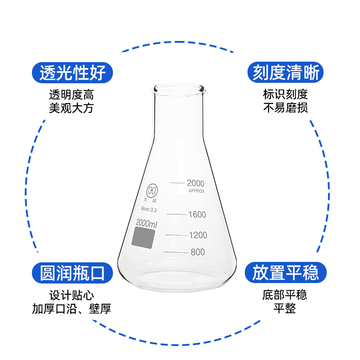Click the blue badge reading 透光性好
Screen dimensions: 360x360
[x=72, y=72]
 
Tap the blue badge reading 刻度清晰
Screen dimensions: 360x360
[x=285, y=72]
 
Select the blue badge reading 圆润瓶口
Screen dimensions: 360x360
[x=72, y=273]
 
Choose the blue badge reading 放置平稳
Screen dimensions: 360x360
[x=285, y=273]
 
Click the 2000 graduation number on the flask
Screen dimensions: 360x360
[x=196, y=183]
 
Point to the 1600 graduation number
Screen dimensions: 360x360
[x=197, y=214]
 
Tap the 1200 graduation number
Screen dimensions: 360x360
[x=198, y=235]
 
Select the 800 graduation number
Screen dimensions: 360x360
[x=198, y=252]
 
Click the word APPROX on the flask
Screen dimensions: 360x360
[x=196, y=191]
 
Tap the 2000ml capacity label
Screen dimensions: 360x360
[x=146, y=224]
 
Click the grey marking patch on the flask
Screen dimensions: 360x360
[x=143, y=237]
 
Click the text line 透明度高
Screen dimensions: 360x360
[x=72, y=95]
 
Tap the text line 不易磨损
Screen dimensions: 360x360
[x=285, y=108]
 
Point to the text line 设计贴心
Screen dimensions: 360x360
[x=72, y=296]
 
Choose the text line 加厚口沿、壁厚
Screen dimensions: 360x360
[x=72, y=309]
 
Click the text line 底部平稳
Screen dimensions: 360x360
[x=285, y=296]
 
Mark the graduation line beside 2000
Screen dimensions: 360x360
[x=177, y=183]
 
